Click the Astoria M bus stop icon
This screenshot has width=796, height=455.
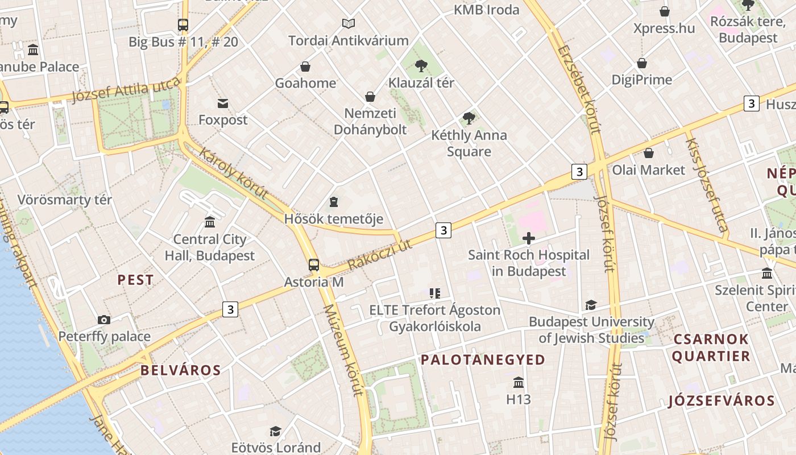pyautogui.click(x=313, y=264)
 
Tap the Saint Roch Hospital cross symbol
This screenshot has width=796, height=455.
pyautogui.click(x=529, y=238)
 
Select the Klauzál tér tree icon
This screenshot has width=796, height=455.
pyautogui.click(x=421, y=65)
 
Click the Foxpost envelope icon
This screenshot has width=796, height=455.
pyautogui.click(x=223, y=103)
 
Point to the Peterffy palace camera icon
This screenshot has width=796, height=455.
pyautogui.click(x=103, y=320)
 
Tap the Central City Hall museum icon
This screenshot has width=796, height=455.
pyautogui.click(x=210, y=222)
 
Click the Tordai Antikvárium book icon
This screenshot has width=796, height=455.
pyautogui.click(x=349, y=23)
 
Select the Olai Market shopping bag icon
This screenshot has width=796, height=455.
pyautogui.click(x=648, y=152)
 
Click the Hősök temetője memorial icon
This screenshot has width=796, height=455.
pyautogui.click(x=333, y=202)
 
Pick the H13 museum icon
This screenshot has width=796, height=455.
pyautogui.click(x=518, y=382)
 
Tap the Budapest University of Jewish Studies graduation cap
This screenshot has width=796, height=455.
pyautogui.click(x=591, y=305)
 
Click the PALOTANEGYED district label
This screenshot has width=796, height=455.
pyautogui.click(x=483, y=359)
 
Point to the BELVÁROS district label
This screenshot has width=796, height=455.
pyautogui.click(x=180, y=370)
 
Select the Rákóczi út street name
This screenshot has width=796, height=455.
pyautogui.click(x=379, y=255)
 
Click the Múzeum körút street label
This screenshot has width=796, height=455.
pyautogui.click(x=343, y=349)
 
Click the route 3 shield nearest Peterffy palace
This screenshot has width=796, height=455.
pyautogui.click(x=230, y=309)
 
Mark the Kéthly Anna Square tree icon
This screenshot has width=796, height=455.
pyautogui.click(x=469, y=118)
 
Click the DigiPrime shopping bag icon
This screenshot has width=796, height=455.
pyautogui.click(x=642, y=63)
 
